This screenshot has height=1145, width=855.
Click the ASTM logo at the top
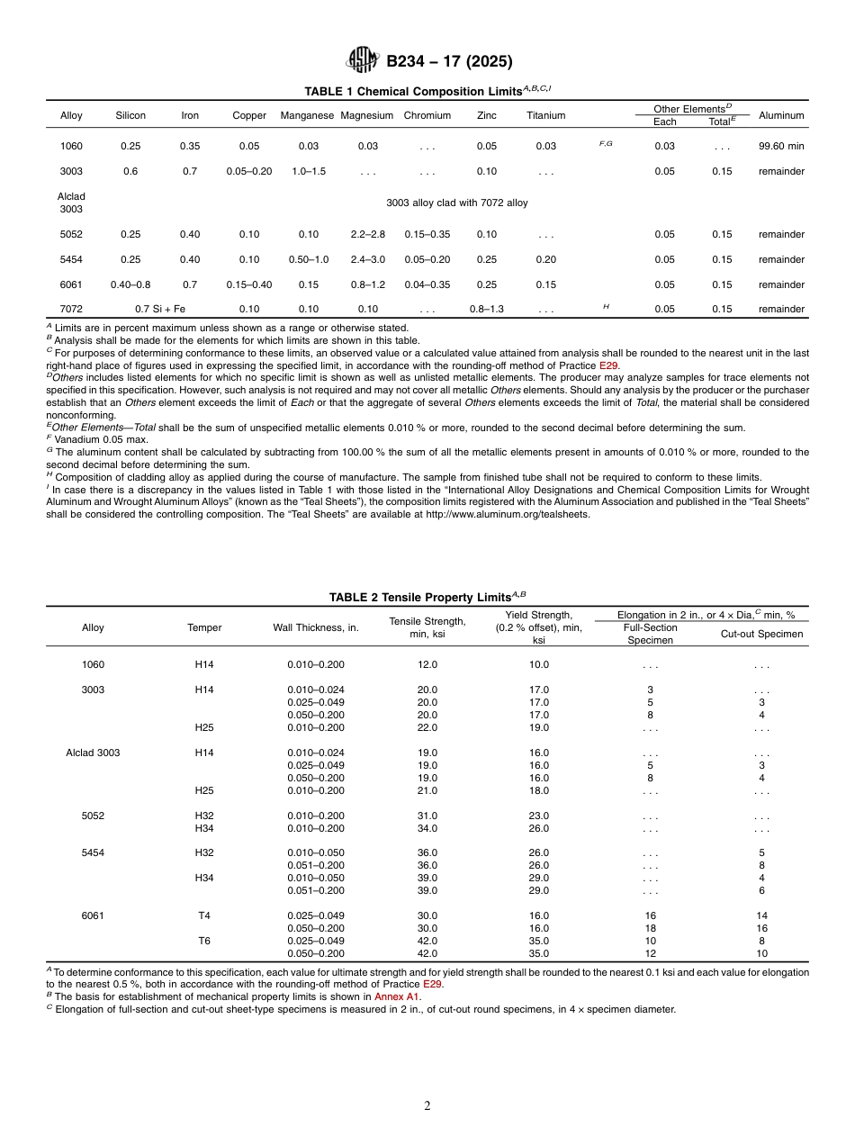coord(364,60)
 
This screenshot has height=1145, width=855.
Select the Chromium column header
coord(427,115)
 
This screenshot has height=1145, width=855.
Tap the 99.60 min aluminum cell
coord(780,146)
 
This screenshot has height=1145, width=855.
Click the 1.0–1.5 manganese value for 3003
coord(308,171)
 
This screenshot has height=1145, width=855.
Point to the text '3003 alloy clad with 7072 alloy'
coord(456,203)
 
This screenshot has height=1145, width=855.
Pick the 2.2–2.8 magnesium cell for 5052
coord(367,234)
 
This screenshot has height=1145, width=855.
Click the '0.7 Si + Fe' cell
coord(160,309)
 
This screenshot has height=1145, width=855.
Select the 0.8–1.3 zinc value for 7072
coord(486,309)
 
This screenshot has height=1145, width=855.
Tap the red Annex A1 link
coord(397,996)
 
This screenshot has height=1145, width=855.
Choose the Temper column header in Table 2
coord(204,627)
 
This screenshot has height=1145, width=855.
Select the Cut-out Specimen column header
coord(761,634)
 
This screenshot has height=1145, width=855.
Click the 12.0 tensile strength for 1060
coord(427,664)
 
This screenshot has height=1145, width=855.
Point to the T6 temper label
coord(204,941)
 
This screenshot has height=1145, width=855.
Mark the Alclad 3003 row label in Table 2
coord(93,753)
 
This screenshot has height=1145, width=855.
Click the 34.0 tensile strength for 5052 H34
coord(427,828)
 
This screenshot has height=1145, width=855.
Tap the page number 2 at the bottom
coord(427,1106)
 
